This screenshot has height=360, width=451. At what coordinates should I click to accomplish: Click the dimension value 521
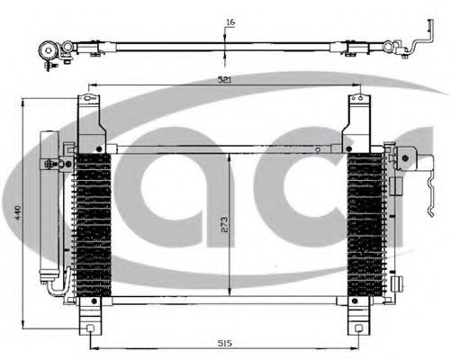coord(224,80)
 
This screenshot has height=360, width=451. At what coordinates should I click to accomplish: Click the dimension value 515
coord(224,342)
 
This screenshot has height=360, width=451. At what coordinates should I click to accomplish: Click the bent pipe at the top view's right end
coord(416,46)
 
